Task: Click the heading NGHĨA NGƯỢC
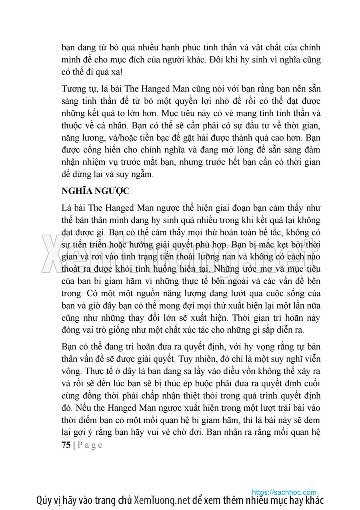(x=95, y=191)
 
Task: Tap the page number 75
(x=66, y=445)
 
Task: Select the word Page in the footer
(x=90, y=445)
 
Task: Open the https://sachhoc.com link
(x=284, y=492)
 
